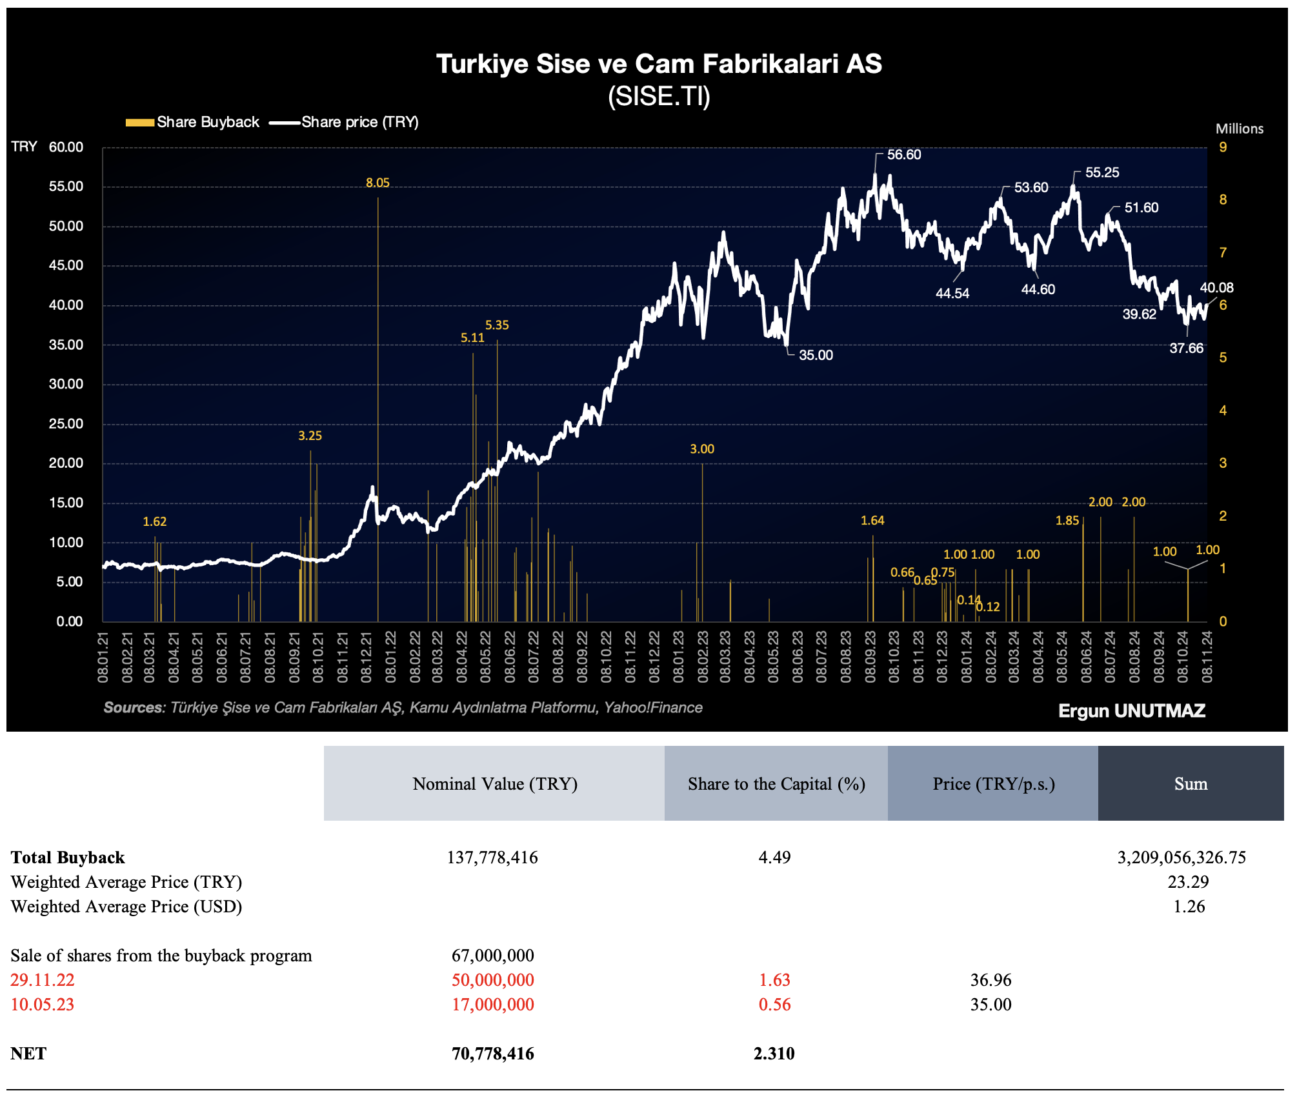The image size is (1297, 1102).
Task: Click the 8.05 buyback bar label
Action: click(x=377, y=183)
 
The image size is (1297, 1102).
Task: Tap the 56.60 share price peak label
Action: click(x=903, y=155)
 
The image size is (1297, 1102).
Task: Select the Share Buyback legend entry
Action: click(x=192, y=122)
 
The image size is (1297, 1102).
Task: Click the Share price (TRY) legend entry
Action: click(x=345, y=122)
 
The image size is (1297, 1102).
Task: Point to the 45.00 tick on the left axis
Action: click(x=66, y=265)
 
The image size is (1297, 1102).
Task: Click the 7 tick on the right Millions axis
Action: click(x=1222, y=253)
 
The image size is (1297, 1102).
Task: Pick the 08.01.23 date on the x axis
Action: click(x=678, y=657)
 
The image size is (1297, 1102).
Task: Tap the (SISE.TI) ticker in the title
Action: click(x=659, y=97)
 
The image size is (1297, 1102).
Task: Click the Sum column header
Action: click(x=1191, y=783)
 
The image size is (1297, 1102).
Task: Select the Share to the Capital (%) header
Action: click(x=776, y=783)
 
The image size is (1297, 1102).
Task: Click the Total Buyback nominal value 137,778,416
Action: click(x=492, y=857)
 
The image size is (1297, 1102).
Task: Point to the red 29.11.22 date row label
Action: click(x=43, y=979)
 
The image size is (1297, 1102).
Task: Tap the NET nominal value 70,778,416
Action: click(x=493, y=1053)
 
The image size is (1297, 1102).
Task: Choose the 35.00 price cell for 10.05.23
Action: click(x=990, y=1004)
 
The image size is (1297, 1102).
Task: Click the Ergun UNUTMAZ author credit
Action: click(x=1132, y=710)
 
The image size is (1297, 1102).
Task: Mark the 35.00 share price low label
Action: click(x=816, y=355)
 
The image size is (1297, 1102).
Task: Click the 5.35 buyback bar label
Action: click(x=497, y=325)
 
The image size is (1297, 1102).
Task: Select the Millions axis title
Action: click(x=1240, y=128)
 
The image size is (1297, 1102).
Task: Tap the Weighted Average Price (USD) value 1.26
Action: click(x=1189, y=906)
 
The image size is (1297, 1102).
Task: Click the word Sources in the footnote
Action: click(x=134, y=708)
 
